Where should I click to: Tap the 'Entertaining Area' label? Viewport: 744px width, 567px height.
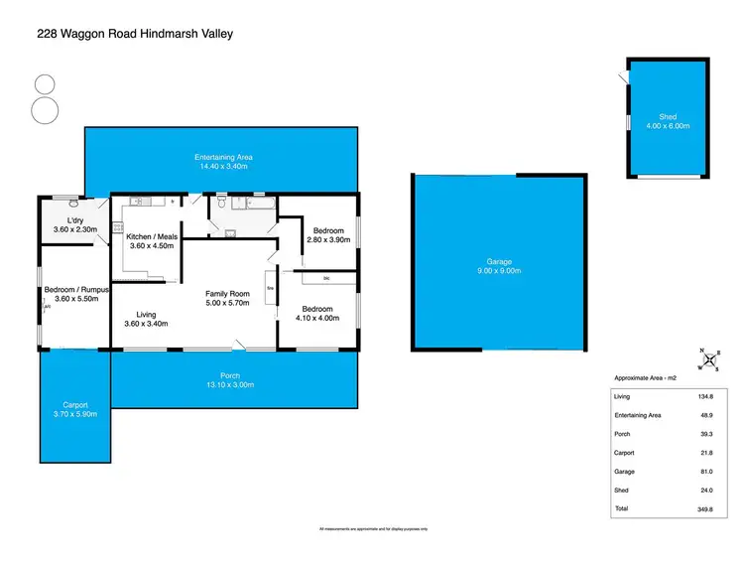(223, 157)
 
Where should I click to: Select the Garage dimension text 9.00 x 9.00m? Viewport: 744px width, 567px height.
(497, 271)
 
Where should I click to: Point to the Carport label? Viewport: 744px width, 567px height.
(75, 405)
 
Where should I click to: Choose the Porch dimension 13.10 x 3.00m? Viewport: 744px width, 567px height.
(230, 384)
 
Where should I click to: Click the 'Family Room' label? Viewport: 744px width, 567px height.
(227, 293)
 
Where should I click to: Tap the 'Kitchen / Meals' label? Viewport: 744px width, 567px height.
(152, 236)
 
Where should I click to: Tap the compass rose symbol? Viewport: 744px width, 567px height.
(708, 359)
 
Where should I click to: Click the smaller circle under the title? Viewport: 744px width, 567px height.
(45, 85)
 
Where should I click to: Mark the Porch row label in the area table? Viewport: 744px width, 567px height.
(626, 434)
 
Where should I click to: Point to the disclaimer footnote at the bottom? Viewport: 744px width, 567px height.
(372, 528)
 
